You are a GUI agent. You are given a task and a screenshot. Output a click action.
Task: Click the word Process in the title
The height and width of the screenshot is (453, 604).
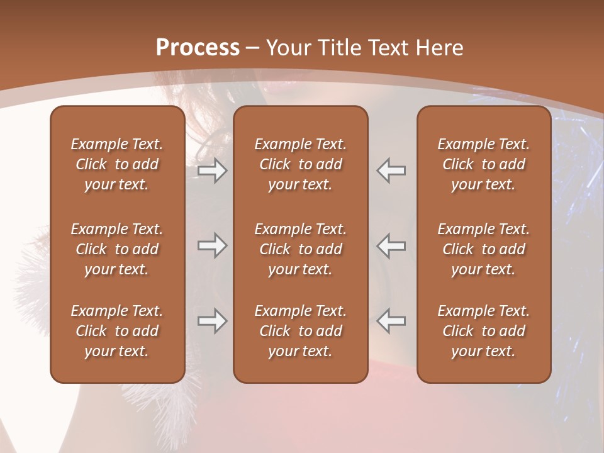tap(198, 48)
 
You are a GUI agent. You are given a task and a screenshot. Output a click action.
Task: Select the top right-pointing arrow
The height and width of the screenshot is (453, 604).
tap(213, 171)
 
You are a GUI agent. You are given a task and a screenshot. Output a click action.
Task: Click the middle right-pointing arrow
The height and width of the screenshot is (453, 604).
tap(213, 245)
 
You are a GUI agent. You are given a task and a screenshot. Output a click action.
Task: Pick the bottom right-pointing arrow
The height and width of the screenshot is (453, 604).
tap(213, 321)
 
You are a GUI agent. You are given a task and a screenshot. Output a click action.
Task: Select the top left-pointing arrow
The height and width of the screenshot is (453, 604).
tap(391, 171)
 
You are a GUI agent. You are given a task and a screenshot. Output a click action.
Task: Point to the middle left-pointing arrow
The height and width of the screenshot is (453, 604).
tap(391, 245)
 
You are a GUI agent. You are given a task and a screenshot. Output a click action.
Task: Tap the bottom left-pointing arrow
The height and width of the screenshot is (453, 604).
tap(391, 321)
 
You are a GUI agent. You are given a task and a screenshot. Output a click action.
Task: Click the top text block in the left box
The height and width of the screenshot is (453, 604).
tap(117, 164)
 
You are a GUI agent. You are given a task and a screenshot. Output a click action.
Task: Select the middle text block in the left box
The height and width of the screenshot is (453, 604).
tap(117, 249)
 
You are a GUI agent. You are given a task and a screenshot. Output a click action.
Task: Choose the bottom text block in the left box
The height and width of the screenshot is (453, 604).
tap(117, 331)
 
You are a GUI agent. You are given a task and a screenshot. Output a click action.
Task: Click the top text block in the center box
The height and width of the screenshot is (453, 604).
tap(300, 164)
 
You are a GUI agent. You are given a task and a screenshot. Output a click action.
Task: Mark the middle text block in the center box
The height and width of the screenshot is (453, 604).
tap(300, 249)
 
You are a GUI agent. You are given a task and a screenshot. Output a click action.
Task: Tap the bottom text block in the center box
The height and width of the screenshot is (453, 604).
tap(300, 331)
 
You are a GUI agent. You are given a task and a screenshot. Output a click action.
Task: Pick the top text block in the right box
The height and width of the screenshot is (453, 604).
tap(483, 164)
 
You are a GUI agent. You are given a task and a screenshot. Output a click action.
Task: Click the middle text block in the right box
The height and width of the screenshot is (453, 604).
tap(483, 249)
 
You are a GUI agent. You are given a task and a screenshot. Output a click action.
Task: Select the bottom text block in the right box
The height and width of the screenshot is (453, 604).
tap(483, 331)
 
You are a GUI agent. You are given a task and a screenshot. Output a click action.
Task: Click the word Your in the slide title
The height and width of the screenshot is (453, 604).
tap(289, 48)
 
